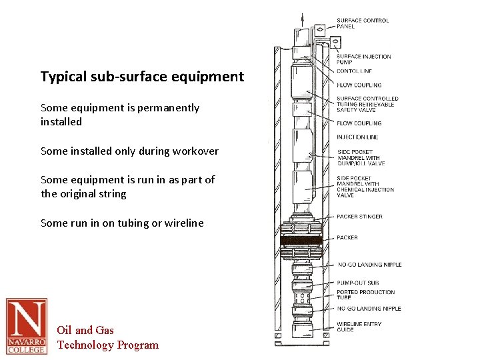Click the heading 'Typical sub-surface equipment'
click(142, 77)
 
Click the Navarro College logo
click(27, 326)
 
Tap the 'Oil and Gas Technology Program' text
click(107, 337)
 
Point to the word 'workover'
click(192, 151)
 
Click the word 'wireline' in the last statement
click(181, 223)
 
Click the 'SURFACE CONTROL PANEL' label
click(363, 23)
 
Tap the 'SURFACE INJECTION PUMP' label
click(363, 59)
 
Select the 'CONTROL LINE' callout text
click(355, 71)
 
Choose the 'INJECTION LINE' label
click(357, 137)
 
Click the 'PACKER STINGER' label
click(360, 217)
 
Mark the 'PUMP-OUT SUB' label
click(358, 283)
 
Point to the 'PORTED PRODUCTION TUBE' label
click(365, 295)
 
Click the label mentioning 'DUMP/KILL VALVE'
click(361, 158)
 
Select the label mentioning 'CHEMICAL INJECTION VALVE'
click(365, 187)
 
